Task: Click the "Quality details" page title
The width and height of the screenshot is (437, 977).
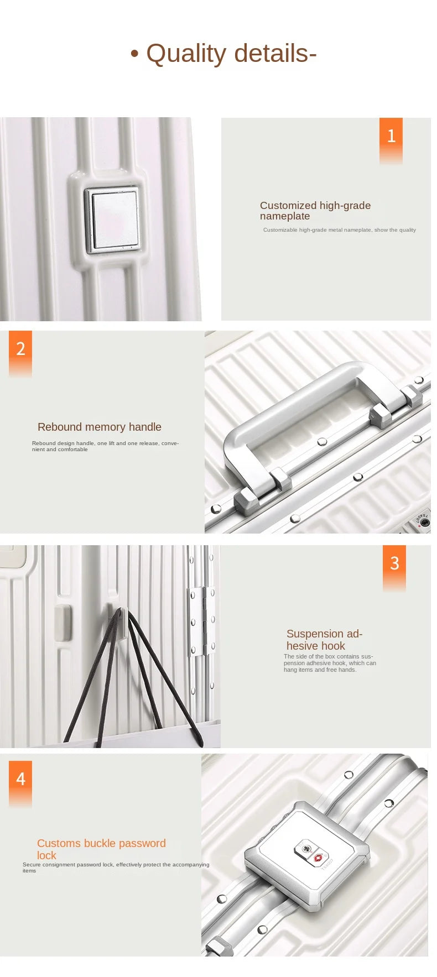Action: pyautogui.click(x=223, y=54)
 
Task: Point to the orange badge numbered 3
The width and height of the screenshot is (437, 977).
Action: pyautogui.click(x=394, y=568)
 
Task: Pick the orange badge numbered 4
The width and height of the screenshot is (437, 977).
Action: pyautogui.click(x=20, y=783)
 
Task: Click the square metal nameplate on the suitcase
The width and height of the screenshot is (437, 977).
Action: pyautogui.click(x=112, y=220)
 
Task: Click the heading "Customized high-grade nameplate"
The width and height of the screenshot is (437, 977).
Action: pyautogui.click(x=315, y=211)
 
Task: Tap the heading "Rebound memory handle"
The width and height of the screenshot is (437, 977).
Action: pyautogui.click(x=100, y=427)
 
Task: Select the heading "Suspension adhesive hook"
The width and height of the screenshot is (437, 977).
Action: pyautogui.click(x=324, y=640)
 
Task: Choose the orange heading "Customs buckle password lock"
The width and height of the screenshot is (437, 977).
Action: pyautogui.click(x=101, y=849)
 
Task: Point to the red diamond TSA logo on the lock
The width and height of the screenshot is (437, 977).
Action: pyautogui.click(x=318, y=858)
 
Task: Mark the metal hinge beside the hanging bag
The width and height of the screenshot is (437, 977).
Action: pyautogui.click(x=202, y=622)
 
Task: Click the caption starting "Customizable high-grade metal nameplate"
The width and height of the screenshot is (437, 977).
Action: pyautogui.click(x=340, y=230)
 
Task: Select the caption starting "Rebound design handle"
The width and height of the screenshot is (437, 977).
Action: pyautogui.click(x=105, y=446)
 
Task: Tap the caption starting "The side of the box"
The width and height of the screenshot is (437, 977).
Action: pyautogui.click(x=330, y=663)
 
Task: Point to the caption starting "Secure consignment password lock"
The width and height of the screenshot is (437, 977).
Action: pyautogui.click(x=116, y=868)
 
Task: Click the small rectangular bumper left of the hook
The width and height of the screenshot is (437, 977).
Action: pyautogui.click(x=63, y=623)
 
